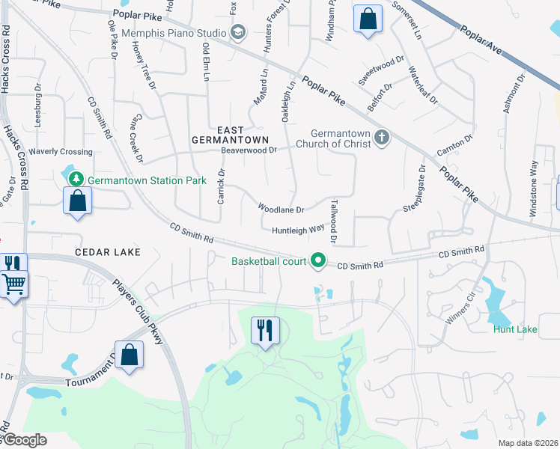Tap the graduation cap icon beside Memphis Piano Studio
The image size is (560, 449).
238,31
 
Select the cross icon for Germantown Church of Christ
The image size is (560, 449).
382,137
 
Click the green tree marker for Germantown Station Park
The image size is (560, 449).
76,180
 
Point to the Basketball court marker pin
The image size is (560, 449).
319,261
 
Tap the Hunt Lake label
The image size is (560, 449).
515,329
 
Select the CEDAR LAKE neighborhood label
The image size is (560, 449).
108,252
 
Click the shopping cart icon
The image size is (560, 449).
13,285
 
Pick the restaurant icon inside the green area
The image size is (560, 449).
264,330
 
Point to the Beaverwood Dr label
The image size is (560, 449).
249,150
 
